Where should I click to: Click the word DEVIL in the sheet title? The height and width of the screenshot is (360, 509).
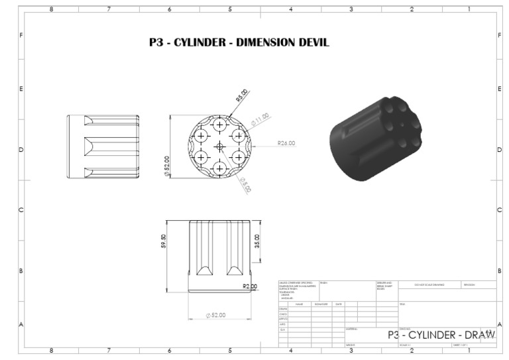pos(308,43)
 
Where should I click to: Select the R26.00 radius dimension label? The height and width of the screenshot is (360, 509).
pos(286,143)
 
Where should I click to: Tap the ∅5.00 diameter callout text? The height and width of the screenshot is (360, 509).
pos(245,185)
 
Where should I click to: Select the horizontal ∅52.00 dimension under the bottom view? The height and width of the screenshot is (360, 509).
pos(215,315)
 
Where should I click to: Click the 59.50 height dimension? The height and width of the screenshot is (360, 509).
pos(163,241)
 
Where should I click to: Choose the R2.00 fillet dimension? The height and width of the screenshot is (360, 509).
pos(250,286)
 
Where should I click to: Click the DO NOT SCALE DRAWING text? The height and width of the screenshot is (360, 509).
pos(429,284)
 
